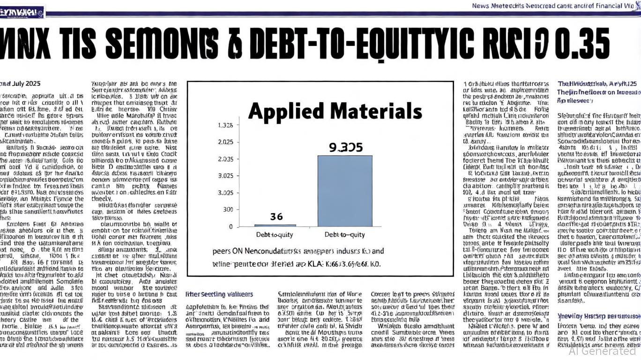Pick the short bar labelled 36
point(275,225)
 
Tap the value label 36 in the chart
point(276,217)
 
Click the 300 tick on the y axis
point(228,210)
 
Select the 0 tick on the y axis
point(231,226)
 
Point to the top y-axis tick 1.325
point(225,126)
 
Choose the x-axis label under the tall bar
point(344,234)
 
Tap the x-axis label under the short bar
point(275,234)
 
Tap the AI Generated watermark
point(602,350)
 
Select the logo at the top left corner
point(22,12)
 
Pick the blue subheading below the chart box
point(219,294)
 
